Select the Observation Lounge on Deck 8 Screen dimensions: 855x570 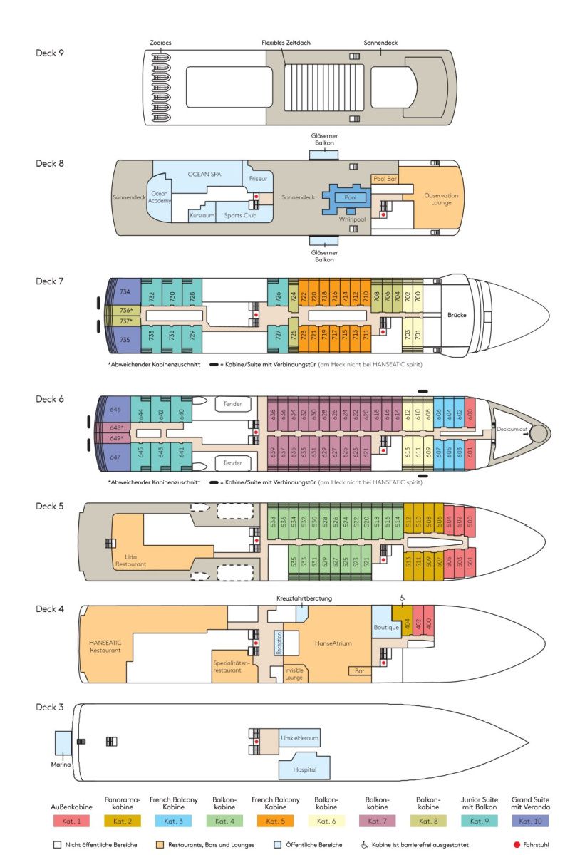(x=441, y=199)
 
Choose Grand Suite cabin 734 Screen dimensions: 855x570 (x=125, y=292)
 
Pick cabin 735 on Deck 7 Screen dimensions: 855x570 (x=125, y=341)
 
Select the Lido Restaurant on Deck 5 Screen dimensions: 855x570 (x=130, y=560)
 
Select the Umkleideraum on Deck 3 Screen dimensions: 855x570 (x=299, y=738)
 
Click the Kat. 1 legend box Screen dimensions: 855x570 (x=71, y=822)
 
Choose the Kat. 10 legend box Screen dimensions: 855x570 (x=530, y=822)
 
